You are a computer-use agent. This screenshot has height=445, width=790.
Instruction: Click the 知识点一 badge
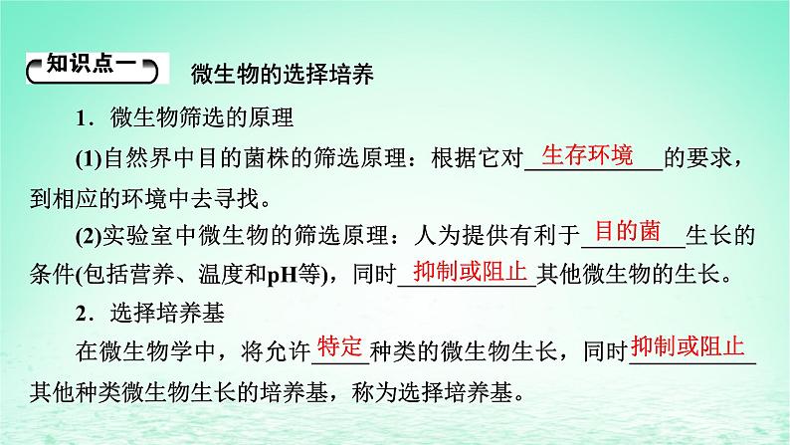click(93, 68)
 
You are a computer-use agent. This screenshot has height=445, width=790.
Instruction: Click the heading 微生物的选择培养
click(283, 75)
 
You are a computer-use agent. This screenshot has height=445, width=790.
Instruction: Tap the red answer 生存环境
click(587, 154)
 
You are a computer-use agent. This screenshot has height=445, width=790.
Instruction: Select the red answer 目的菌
click(628, 231)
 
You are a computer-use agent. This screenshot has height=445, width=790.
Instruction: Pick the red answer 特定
click(339, 347)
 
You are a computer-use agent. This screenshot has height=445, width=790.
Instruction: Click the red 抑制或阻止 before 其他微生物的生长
click(470, 271)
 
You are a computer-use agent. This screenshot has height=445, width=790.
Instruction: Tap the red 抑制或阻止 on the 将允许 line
click(688, 346)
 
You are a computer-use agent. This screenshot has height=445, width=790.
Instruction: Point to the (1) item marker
click(90, 159)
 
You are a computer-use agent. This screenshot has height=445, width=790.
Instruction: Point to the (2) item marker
click(90, 236)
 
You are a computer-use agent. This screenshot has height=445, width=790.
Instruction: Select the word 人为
click(438, 235)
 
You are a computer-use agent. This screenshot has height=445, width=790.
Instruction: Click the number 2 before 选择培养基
click(82, 314)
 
